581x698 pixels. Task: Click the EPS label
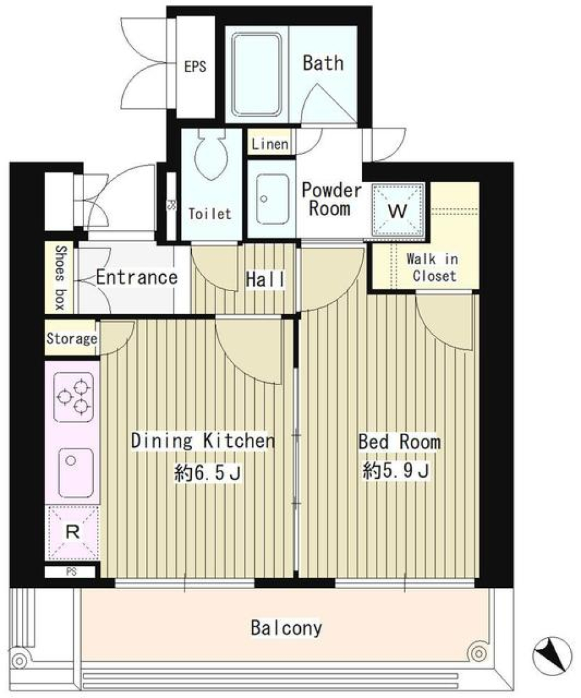coord(195,67)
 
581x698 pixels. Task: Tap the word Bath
coord(323,63)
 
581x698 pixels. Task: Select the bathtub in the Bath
coord(257,74)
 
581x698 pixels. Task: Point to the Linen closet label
coord(269,144)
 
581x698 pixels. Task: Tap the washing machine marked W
coord(397,209)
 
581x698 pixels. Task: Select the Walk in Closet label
coord(433,267)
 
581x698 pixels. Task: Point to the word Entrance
coord(137,277)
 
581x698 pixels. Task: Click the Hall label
coord(265,280)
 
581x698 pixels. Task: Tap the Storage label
coord(71,338)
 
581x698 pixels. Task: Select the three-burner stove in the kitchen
coord(73,397)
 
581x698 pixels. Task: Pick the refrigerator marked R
coord(73,532)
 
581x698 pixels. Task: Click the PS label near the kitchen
coord(71,571)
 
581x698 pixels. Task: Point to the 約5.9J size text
coord(396,470)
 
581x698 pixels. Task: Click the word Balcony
coord(286,628)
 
